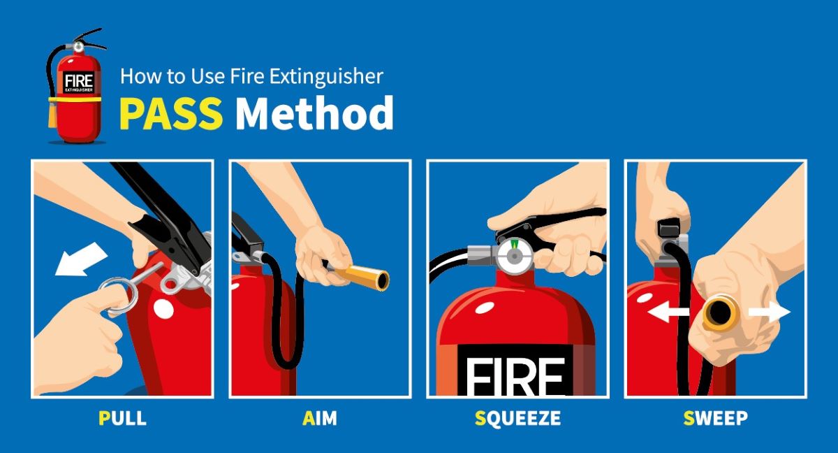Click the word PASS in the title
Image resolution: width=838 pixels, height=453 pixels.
pos(170,113)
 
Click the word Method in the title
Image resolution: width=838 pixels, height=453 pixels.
pos(314,113)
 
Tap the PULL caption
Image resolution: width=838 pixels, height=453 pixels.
pos(122,419)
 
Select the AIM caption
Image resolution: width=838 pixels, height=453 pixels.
pos(320,419)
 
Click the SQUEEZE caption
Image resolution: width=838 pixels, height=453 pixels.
pos(517,419)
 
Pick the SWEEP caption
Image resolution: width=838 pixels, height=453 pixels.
pos(715,419)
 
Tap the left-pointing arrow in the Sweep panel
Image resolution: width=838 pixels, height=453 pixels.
pos(668,313)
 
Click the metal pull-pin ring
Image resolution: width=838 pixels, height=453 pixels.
pos(119,294)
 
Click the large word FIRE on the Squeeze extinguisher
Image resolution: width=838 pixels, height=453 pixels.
pos(515,377)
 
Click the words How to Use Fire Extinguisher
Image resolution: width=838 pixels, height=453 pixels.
pos(251,75)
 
